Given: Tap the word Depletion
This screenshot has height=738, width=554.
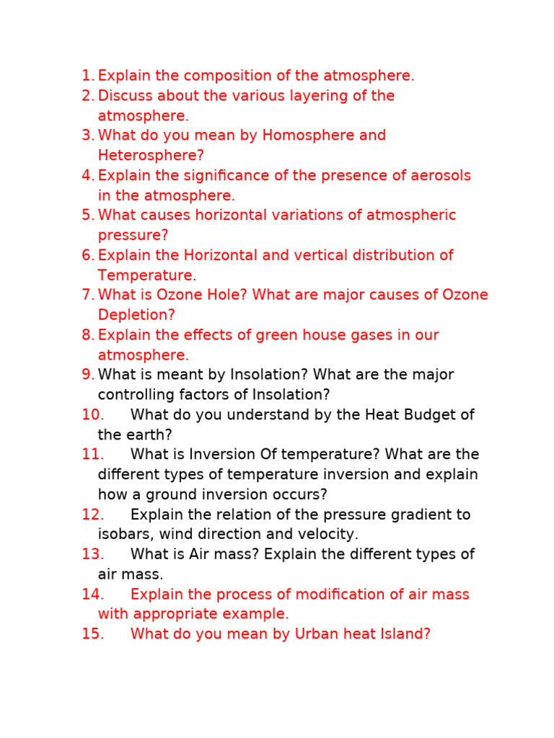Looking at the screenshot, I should (136, 315).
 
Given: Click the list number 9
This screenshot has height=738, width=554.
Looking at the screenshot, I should (88, 375).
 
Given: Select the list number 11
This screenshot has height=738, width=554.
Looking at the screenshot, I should (93, 455).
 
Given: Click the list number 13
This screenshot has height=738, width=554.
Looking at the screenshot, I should (93, 554).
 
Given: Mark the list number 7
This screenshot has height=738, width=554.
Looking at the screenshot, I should (88, 295).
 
